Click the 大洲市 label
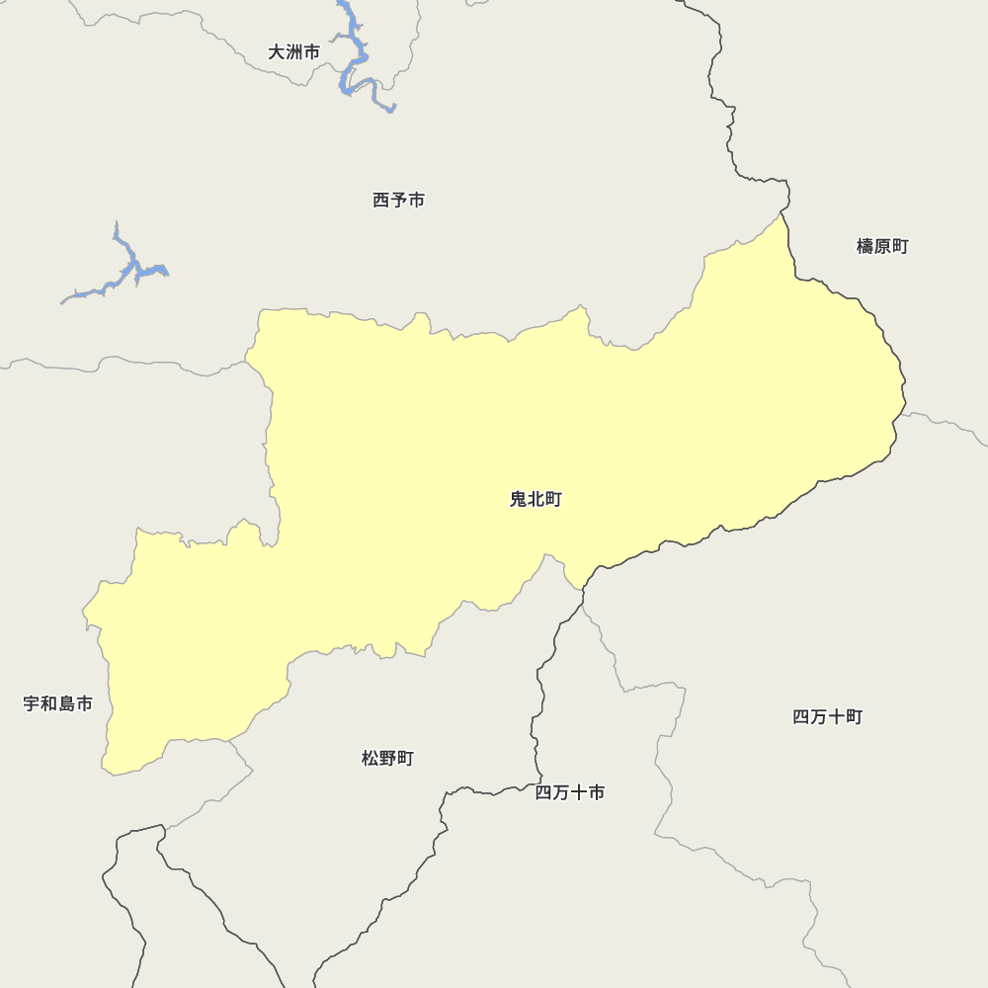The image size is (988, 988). (294, 52)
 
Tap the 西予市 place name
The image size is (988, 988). (398, 201)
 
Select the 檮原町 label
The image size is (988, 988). (882, 246)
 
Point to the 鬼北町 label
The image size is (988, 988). (535, 500)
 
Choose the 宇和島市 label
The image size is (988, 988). (58, 703)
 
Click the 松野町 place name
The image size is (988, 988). (387, 759)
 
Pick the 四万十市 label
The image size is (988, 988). (570, 792)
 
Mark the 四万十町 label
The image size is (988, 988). (828, 717)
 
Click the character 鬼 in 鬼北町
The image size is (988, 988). (518, 500)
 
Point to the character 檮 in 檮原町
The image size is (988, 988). (864, 246)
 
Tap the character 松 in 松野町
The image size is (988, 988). (370, 759)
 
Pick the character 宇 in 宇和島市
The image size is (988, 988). (32, 703)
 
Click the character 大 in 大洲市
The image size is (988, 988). (277, 52)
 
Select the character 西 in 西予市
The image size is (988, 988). (380, 201)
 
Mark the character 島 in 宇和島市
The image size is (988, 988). (67, 703)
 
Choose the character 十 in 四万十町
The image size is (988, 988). (837, 717)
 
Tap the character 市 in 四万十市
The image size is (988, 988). (597, 792)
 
